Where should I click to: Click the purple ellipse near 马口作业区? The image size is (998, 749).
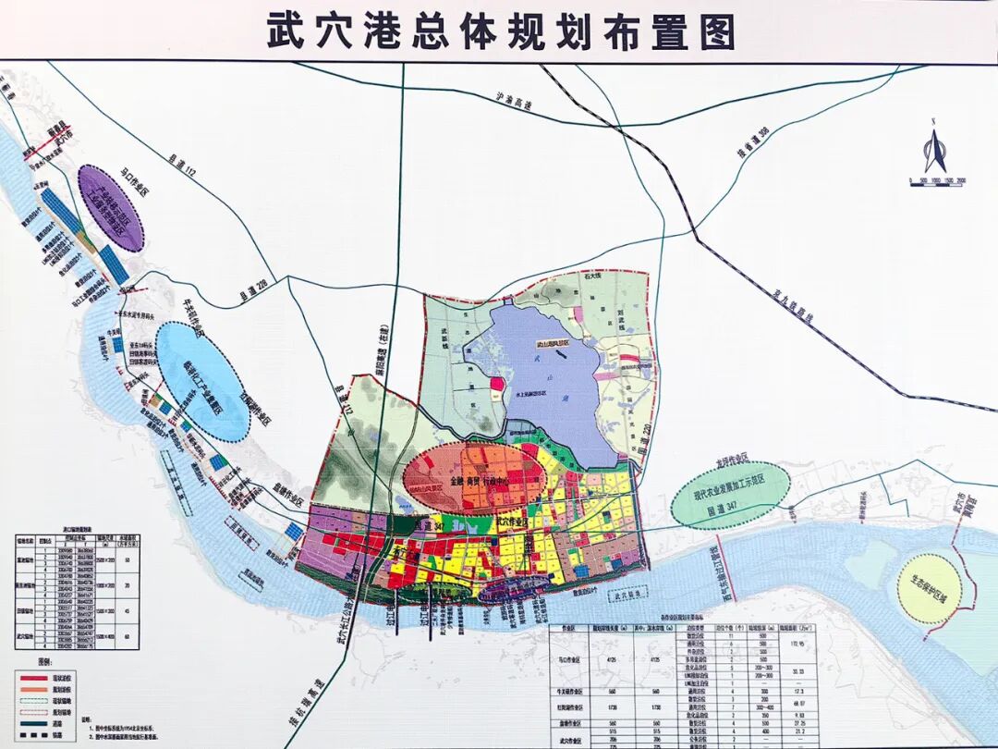point(111,208)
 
